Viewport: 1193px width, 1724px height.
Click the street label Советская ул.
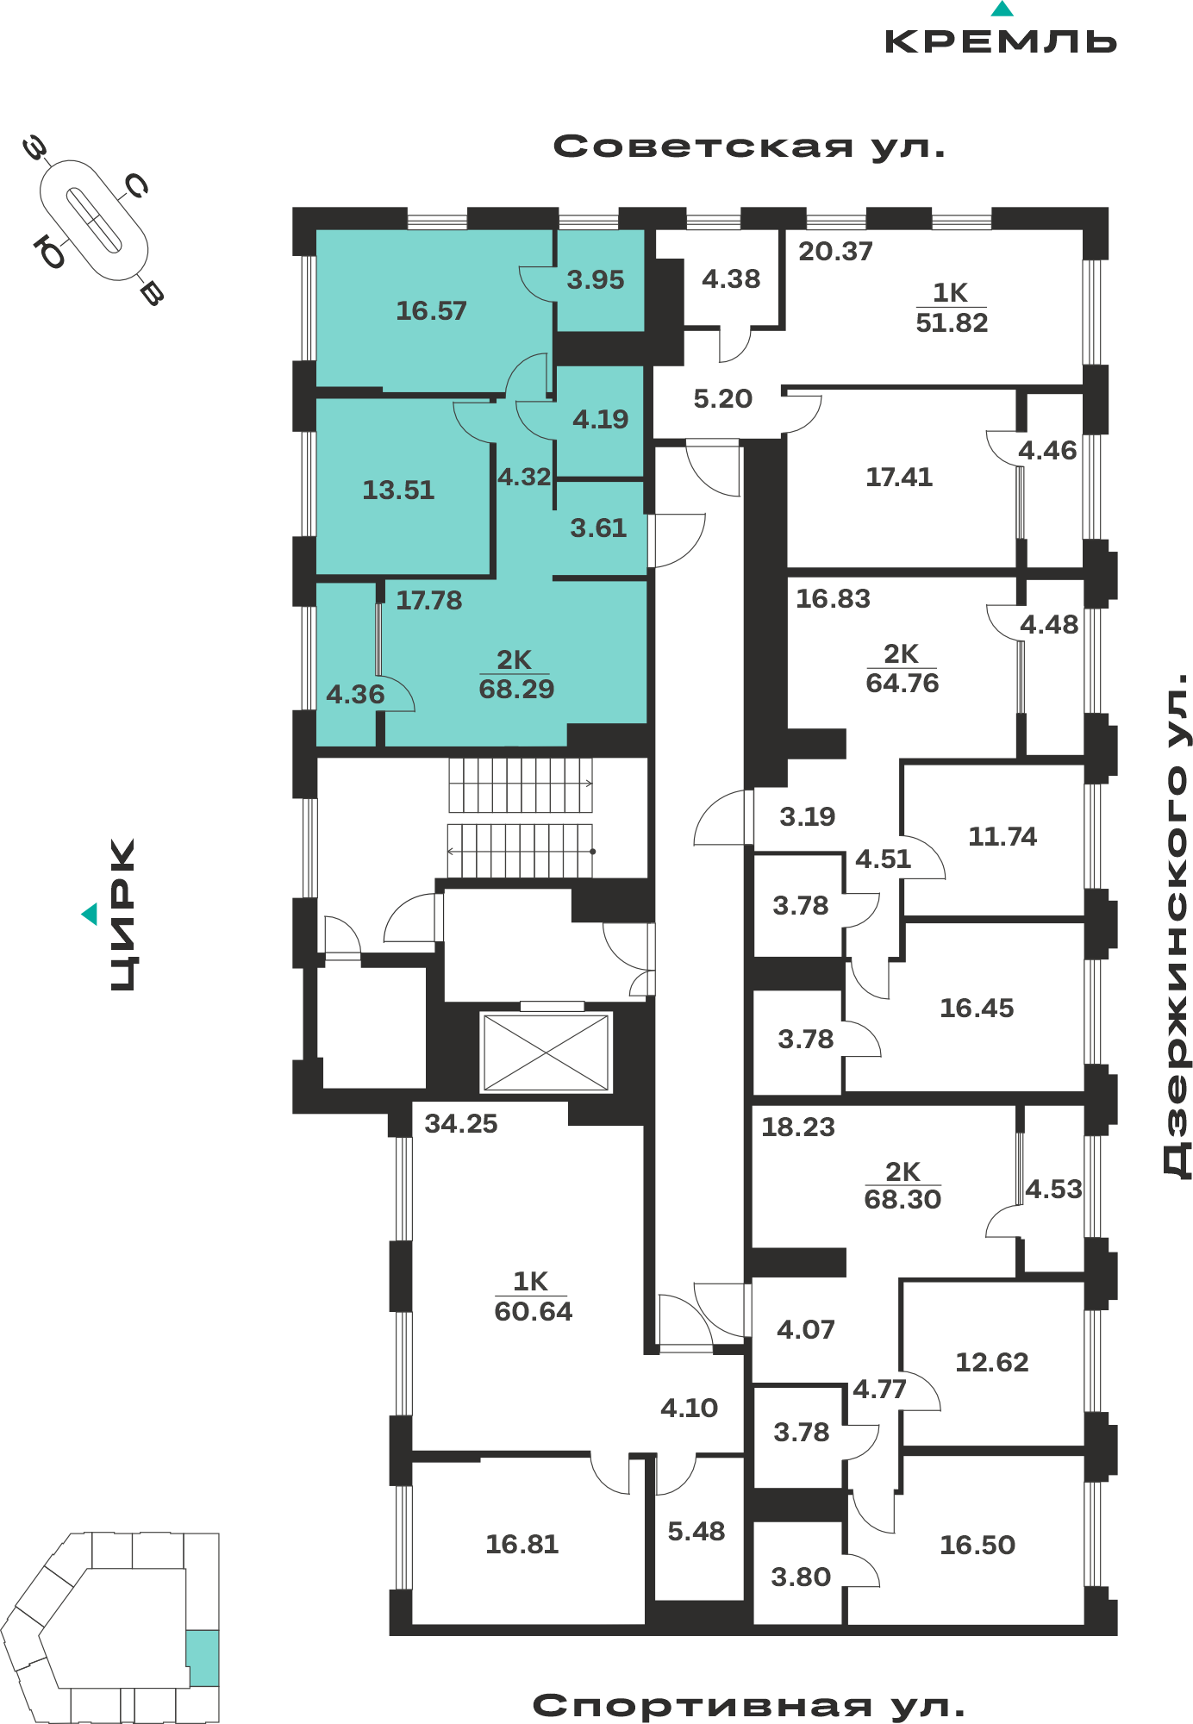point(749,147)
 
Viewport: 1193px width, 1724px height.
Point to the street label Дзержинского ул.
point(1176,926)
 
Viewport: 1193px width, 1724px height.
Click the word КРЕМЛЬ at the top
point(1001,41)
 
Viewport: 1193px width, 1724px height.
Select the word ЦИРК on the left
point(123,915)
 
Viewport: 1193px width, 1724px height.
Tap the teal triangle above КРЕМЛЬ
point(1002,9)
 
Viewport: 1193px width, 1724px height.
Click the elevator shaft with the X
point(547,1052)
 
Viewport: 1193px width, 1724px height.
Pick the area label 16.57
point(431,310)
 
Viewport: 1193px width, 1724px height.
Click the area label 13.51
point(398,490)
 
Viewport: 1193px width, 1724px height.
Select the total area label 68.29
point(516,689)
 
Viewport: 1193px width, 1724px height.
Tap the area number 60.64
point(533,1311)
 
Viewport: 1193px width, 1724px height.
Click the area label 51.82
point(952,322)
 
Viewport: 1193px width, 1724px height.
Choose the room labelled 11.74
point(993,839)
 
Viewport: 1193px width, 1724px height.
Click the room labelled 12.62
point(993,1362)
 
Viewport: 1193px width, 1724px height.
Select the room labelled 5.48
point(698,1530)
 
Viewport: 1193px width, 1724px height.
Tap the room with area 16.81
point(528,1543)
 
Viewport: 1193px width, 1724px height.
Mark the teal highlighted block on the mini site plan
point(203,1658)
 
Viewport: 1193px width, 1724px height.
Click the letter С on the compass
point(135,185)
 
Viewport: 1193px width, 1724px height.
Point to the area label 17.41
point(899,477)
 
